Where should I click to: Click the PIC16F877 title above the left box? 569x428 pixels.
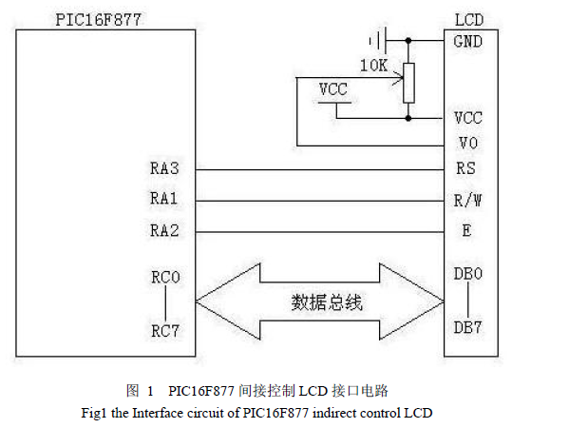98,20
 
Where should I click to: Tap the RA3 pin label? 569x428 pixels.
164,168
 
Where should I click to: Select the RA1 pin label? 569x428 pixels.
163,199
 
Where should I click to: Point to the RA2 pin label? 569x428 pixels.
164,231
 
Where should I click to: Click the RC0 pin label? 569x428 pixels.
165,278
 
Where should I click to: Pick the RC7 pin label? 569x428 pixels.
165,331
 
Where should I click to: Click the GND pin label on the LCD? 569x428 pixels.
467,42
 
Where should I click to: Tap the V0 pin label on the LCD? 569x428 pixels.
468,144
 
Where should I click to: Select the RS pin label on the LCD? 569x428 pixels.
466,168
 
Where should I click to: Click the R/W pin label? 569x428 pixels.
467,200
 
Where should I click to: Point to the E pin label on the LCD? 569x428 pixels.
466,230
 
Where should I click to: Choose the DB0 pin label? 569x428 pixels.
468,274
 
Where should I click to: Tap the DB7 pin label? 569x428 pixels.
467,327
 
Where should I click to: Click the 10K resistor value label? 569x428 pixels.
373,66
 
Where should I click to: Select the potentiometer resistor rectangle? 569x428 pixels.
408,83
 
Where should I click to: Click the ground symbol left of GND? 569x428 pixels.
378,40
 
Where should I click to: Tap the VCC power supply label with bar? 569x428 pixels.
333,93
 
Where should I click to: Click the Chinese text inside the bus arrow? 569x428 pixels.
327,302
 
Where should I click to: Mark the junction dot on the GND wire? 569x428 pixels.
408,40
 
